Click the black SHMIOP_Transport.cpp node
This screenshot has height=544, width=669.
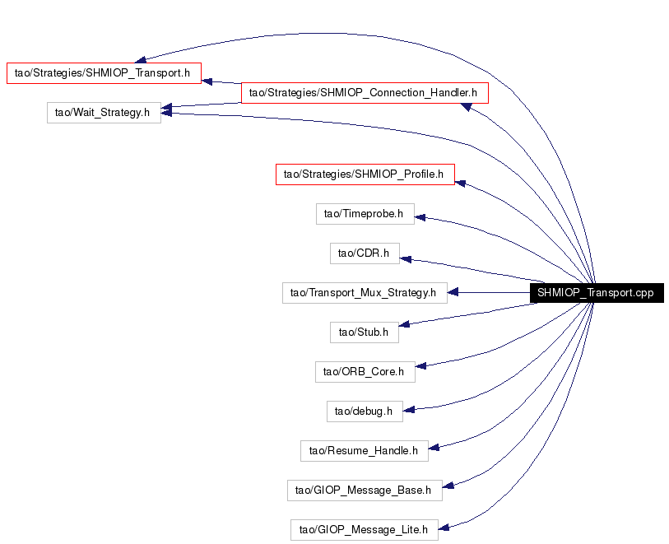click(x=597, y=293)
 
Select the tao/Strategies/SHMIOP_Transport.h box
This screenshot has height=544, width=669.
click(x=105, y=73)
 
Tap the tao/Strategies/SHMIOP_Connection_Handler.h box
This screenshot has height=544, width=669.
click(x=365, y=92)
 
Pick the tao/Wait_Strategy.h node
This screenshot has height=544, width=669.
click(x=105, y=113)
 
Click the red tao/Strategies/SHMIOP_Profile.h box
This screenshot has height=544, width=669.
click(x=365, y=174)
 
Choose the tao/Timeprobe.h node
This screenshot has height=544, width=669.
click(x=365, y=214)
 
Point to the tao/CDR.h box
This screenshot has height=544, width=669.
click(x=365, y=253)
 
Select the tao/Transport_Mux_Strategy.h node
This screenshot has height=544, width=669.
click(x=365, y=293)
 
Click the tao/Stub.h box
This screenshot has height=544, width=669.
click(x=365, y=332)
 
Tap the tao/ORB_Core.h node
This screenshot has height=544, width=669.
click(x=365, y=372)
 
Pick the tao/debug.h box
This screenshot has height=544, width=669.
click(x=365, y=411)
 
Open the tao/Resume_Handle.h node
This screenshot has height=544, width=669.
click(x=365, y=451)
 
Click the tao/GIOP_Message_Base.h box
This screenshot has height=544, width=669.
click(x=365, y=491)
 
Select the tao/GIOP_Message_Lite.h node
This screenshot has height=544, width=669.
click(x=365, y=530)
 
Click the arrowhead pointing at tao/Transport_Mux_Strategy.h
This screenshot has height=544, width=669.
click(x=453, y=292)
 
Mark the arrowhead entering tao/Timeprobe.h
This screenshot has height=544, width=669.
click(x=420, y=217)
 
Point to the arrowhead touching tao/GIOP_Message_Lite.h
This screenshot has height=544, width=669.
click(x=444, y=528)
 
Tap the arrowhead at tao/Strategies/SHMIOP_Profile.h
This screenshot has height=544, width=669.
click(x=460, y=183)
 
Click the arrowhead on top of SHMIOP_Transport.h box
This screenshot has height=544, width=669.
click(x=140, y=59)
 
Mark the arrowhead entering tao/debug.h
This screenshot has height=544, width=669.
click(x=409, y=410)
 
